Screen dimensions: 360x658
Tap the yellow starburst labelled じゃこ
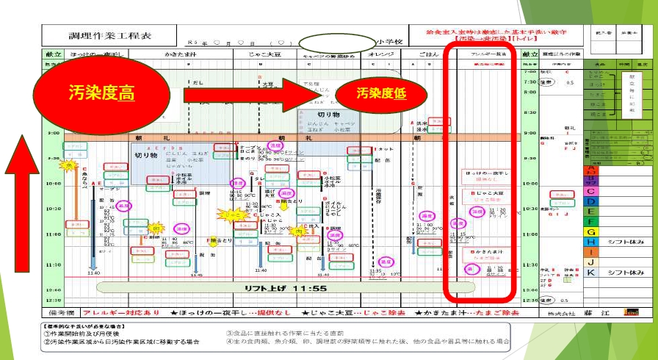click(231, 215)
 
